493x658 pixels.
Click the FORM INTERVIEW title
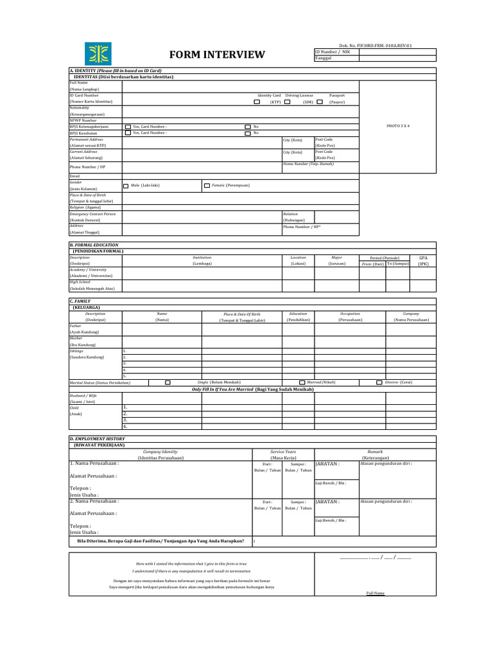click(x=216, y=55)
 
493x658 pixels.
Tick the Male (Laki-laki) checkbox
click(x=126, y=186)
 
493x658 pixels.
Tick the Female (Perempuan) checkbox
click(x=207, y=186)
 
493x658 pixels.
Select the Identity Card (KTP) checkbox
click(x=257, y=102)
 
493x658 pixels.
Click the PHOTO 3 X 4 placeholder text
click(x=397, y=126)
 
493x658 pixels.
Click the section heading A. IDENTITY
click(x=116, y=70)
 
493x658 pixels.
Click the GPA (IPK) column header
click(x=422, y=260)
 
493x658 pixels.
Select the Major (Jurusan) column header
click(x=336, y=260)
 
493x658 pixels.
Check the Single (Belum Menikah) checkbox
click(x=168, y=382)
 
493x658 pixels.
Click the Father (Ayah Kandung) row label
click(x=83, y=329)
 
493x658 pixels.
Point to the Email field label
click(x=74, y=175)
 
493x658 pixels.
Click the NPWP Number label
click(x=83, y=120)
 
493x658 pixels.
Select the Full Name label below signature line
click(x=375, y=593)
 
